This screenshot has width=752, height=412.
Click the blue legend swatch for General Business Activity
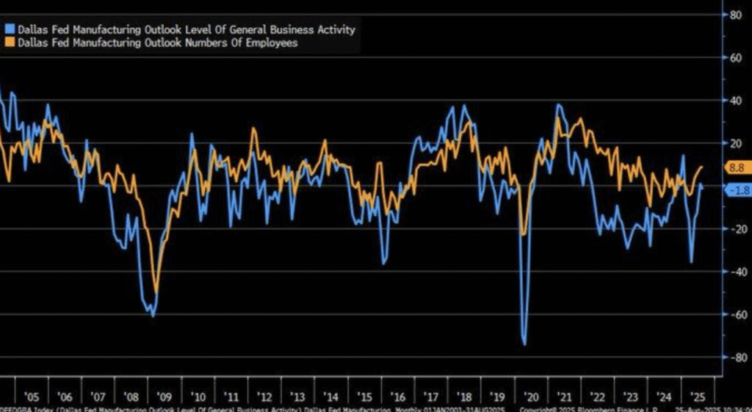9,30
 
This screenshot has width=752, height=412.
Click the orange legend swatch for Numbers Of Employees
9,43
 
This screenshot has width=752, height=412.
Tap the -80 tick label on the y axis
731,358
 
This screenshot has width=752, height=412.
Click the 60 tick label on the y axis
733,57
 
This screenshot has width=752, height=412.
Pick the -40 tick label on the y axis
731,272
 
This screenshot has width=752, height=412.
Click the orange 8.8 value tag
734,168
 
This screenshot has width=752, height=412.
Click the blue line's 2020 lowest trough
525,344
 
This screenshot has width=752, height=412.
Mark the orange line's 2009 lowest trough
155,292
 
